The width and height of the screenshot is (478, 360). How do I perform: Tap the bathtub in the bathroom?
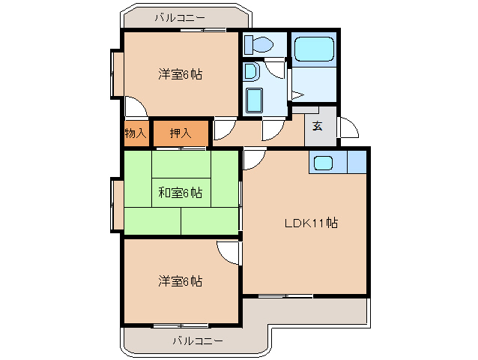pyautogui.click(x=314, y=49)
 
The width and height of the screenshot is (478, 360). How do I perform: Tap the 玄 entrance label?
pyautogui.click(x=317, y=126)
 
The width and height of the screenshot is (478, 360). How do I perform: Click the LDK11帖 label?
pyautogui.click(x=310, y=223)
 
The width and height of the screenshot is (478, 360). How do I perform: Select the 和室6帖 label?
pyautogui.click(x=180, y=192)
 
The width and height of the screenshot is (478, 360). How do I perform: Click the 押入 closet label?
pyautogui.click(x=180, y=133)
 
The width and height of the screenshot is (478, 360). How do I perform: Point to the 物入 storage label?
pyautogui.click(x=136, y=133)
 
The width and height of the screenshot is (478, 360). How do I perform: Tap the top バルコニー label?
pyautogui.click(x=180, y=16)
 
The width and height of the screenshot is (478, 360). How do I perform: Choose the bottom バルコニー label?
pyautogui.click(x=197, y=341)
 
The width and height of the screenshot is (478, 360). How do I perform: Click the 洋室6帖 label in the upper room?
pyautogui.click(x=180, y=74)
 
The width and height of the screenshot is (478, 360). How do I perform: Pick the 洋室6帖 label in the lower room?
pyautogui.click(x=180, y=281)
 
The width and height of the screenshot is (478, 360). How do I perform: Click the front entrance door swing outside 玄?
pyautogui.click(x=348, y=129)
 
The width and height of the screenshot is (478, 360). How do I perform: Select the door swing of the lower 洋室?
pyautogui.click(x=229, y=252)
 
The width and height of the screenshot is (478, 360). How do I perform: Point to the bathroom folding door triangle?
pyautogui.click(x=296, y=94)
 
